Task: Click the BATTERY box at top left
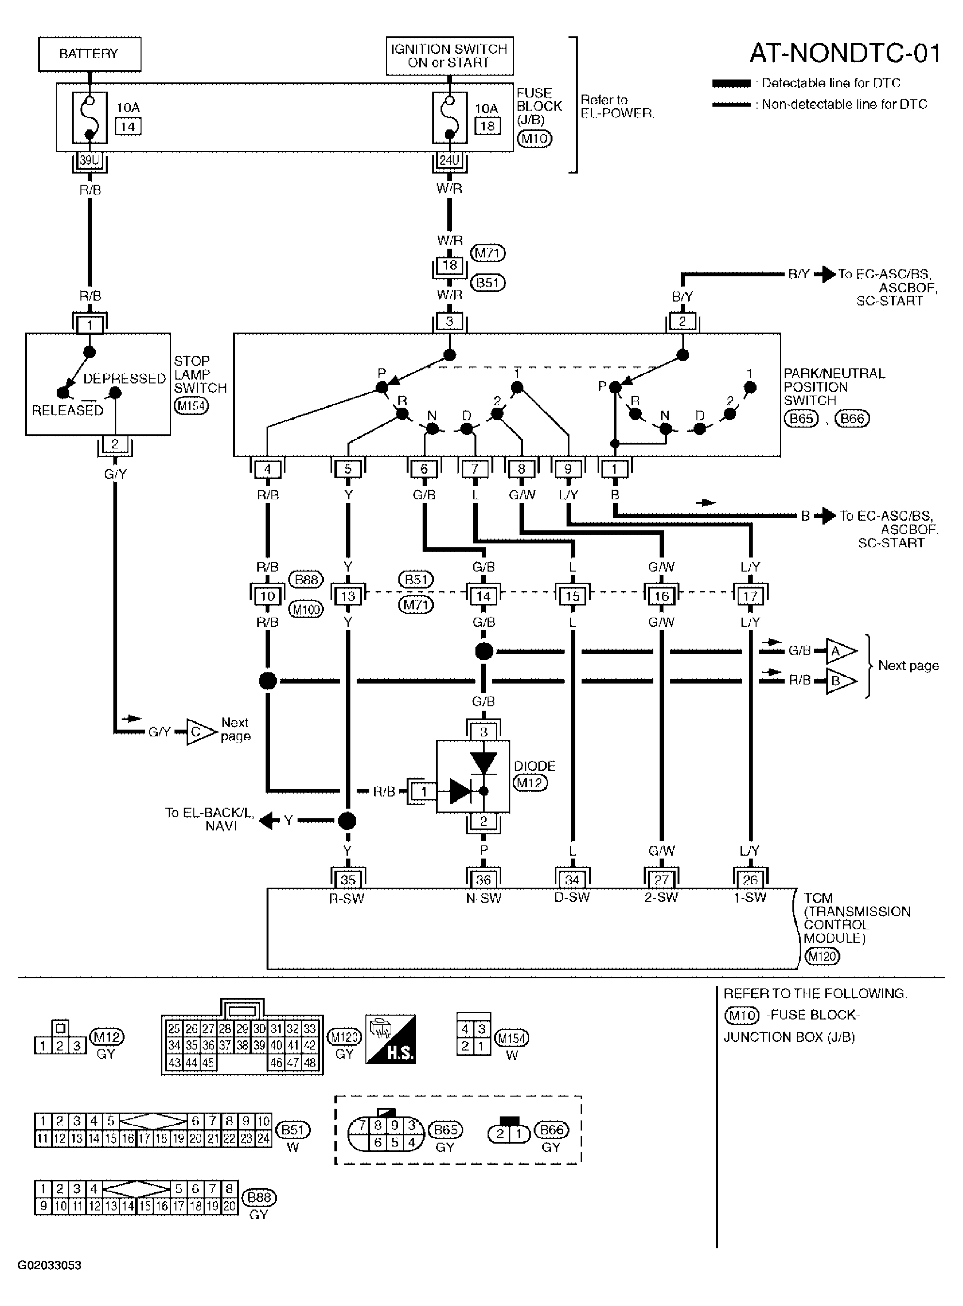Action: point(90,54)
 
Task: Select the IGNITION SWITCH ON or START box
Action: point(449,56)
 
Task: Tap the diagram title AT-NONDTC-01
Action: point(845,54)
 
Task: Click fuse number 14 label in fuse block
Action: point(128,126)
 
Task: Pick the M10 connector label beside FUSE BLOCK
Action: point(534,139)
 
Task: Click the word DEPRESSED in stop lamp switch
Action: point(125,379)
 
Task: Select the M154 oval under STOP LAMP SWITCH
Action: point(191,406)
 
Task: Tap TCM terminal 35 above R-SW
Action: point(347,880)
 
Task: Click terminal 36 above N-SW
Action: point(483,880)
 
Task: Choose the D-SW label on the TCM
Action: point(572,897)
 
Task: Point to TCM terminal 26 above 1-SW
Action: point(750,880)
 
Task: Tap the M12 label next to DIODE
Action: point(530,782)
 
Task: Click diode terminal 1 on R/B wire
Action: point(424,791)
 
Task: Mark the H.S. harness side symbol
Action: point(391,1039)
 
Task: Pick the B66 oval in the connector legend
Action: point(552,1130)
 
